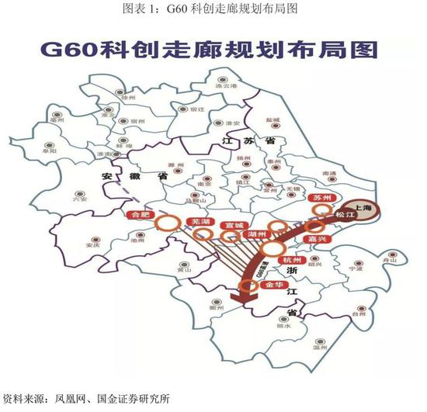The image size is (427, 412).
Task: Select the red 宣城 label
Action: point(231,225)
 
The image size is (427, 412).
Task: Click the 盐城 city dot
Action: point(273,127)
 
